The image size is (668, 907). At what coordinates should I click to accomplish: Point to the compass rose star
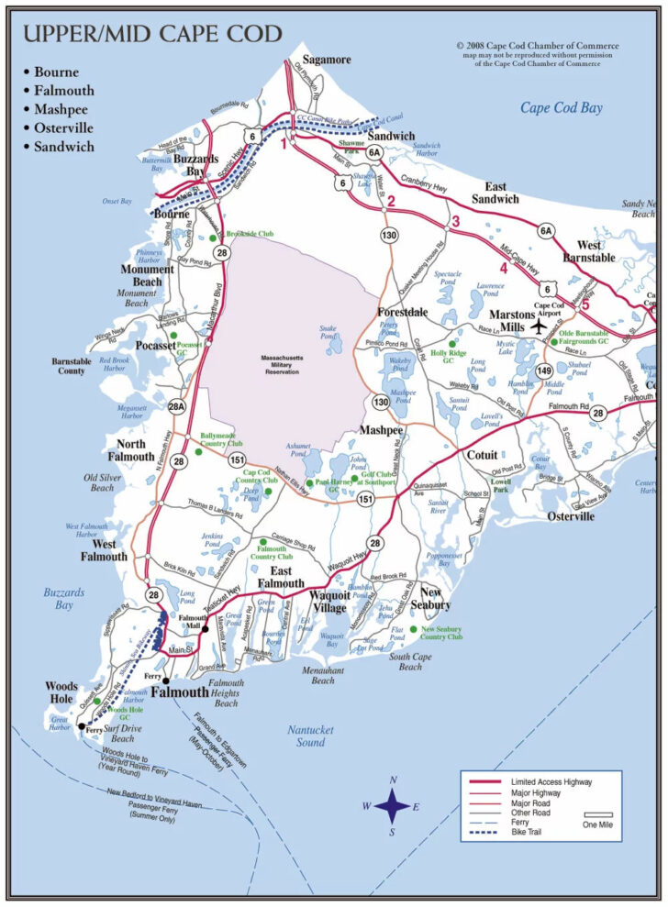tap(393, 806)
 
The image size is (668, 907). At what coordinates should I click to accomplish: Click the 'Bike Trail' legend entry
tap(533, 834)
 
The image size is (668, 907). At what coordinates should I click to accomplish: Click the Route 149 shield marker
tap(543, 371)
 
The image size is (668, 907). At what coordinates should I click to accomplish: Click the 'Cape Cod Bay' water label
tap(562, 108)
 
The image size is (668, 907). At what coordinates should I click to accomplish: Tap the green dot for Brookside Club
tap(213, 237)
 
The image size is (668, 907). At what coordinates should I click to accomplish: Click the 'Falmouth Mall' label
tap(194, 623)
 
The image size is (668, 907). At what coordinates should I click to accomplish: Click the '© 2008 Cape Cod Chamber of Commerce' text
tap(537, 45)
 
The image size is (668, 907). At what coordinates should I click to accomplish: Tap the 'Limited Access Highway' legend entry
tap(551, 781)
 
